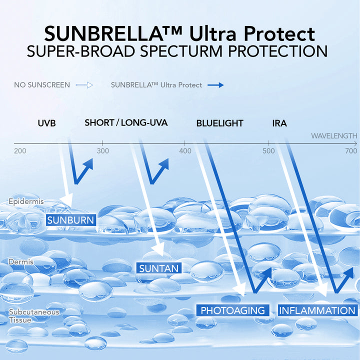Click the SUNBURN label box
click(71, 220)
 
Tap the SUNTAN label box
click(159, 268)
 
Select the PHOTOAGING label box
click(233, 310)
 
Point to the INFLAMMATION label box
click(318, 310)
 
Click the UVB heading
click(47, 123)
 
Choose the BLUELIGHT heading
click(219, 123)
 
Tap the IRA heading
click(279, 123)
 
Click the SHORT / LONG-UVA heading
click(126, 122)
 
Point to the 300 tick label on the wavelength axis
click(103, 151)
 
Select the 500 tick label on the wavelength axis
click(268, 151)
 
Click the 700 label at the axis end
click(351, 151)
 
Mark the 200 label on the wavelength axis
click(20, 151)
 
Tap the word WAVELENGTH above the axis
click(334, 136)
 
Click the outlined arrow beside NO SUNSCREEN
click(84, 85)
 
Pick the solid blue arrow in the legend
click(215, 85)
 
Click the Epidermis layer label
click(26, 201)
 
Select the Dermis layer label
click(21, 261)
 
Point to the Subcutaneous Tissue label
click(34, 316)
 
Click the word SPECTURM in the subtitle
click(181, 51)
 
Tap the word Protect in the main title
click(279, 34)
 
